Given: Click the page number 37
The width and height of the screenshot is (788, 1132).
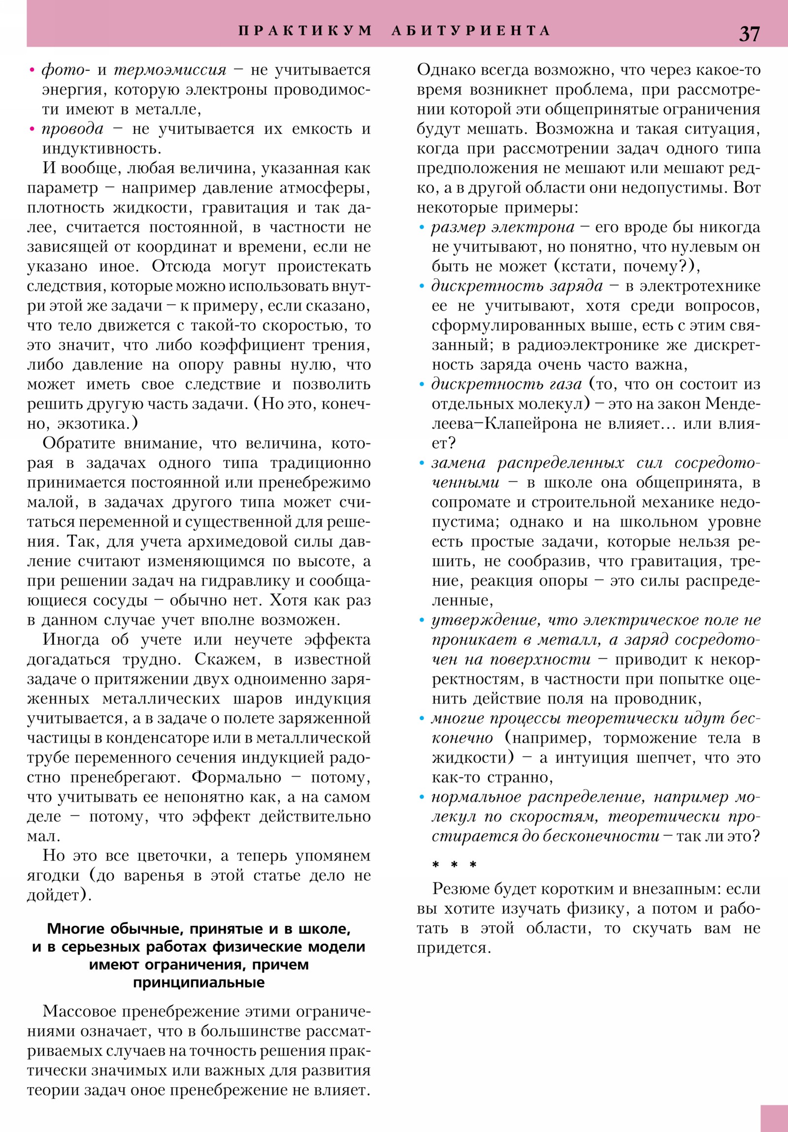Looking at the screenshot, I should click(x=749, y=33).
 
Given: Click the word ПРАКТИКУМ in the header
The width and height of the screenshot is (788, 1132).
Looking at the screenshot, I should click(x=305, y=31).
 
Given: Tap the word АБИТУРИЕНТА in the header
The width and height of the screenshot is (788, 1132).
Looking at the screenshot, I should click(x=471, y=31).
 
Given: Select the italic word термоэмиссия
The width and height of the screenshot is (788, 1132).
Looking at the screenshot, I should click(x=170, y=70).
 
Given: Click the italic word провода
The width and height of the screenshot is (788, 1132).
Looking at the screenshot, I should click(x=72, y=128).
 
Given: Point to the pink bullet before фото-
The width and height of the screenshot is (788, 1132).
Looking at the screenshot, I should click(x=32, y=70).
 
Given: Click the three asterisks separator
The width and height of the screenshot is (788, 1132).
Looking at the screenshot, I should click(x=454, y=865).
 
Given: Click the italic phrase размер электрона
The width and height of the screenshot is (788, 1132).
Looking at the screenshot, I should click(x=503, y=227).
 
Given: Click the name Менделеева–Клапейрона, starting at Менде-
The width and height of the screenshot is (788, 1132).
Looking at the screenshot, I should click(x=732, y=404).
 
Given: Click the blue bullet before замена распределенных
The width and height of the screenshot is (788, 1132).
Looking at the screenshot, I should click(x=422, y=464).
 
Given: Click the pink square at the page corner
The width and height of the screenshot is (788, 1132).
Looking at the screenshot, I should click(x=774, y=1118).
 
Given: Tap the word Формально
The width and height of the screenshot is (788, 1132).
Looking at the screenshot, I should click(x=236, y=777).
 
